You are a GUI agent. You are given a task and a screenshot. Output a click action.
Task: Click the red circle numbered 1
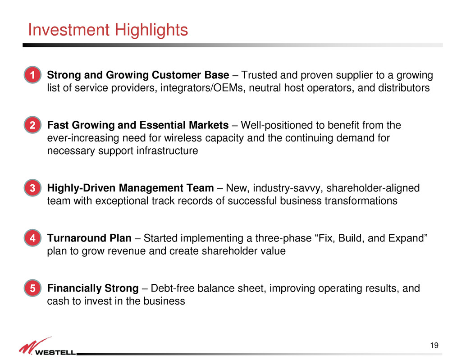click(x=32, y=74)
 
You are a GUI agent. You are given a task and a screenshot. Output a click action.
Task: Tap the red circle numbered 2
click(x=32, y=125)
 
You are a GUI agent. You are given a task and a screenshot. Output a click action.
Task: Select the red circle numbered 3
click(x=32, y=188)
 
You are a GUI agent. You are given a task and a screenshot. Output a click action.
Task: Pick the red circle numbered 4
click(x=32, y=238)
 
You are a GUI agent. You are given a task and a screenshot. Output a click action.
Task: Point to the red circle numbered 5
click(x=32, y=288)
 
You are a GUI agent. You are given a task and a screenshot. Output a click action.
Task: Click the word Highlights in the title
click(x=151, y=30)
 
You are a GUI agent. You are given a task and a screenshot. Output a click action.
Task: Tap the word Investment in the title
click(x=69, y=30)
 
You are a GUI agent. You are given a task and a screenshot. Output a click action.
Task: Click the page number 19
click(x=434, y=346)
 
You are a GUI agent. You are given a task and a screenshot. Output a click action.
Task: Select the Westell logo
click(x=47, y=346)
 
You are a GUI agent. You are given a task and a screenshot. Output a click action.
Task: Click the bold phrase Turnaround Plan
click(x=89, y=238)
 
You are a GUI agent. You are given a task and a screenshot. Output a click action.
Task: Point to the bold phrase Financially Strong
click(x=93, y=288)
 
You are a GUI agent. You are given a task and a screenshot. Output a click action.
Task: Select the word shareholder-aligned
click(x=373, y=188)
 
